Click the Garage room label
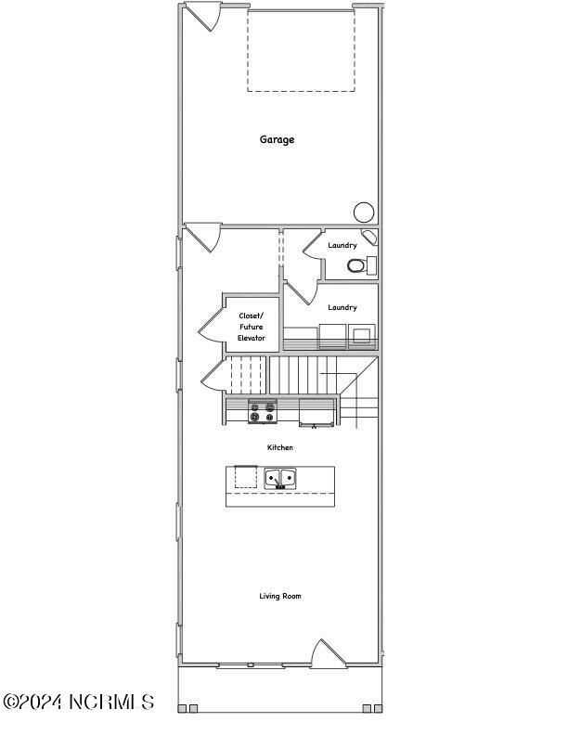pos(277,140)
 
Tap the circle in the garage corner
pos(364,213)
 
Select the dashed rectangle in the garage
pos(301,50)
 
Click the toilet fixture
pos(356,266)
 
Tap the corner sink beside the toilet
pos(369,237)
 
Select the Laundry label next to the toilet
pos(342,245)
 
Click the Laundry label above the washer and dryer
pos(342,307)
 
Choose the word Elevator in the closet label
pos(252,338)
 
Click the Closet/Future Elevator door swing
pos(212,324)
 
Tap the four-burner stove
pos(263,411)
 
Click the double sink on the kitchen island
pos(280,478)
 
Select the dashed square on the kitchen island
pos(246,477)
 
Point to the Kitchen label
pos(280,447)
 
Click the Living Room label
pos(280,596)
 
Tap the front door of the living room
pos(329,653)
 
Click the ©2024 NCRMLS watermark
pos(79,702)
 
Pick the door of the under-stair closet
pos(215,375)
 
